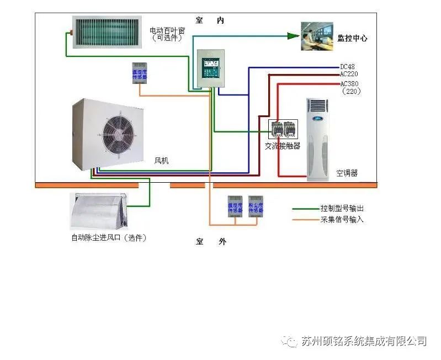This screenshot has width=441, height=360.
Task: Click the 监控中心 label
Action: (x=352, y=38)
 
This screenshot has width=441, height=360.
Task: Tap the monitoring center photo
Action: (x=317, y=36)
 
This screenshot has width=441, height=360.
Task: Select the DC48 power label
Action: (x=347, y=67)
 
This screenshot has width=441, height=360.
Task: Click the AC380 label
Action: (x=349, y=84)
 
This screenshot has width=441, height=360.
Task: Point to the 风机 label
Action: (x=161, y=161)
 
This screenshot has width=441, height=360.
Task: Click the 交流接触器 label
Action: (x=282, y=146)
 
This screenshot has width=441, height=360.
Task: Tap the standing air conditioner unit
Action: (x=321, y=139)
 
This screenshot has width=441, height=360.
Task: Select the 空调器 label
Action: (x=347, y=173)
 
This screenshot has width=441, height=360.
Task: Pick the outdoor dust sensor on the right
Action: (x=255, y=207)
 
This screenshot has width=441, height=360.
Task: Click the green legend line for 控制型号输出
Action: (x=305, y=209)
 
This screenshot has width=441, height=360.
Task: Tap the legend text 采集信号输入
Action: (x=342, y=219)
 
